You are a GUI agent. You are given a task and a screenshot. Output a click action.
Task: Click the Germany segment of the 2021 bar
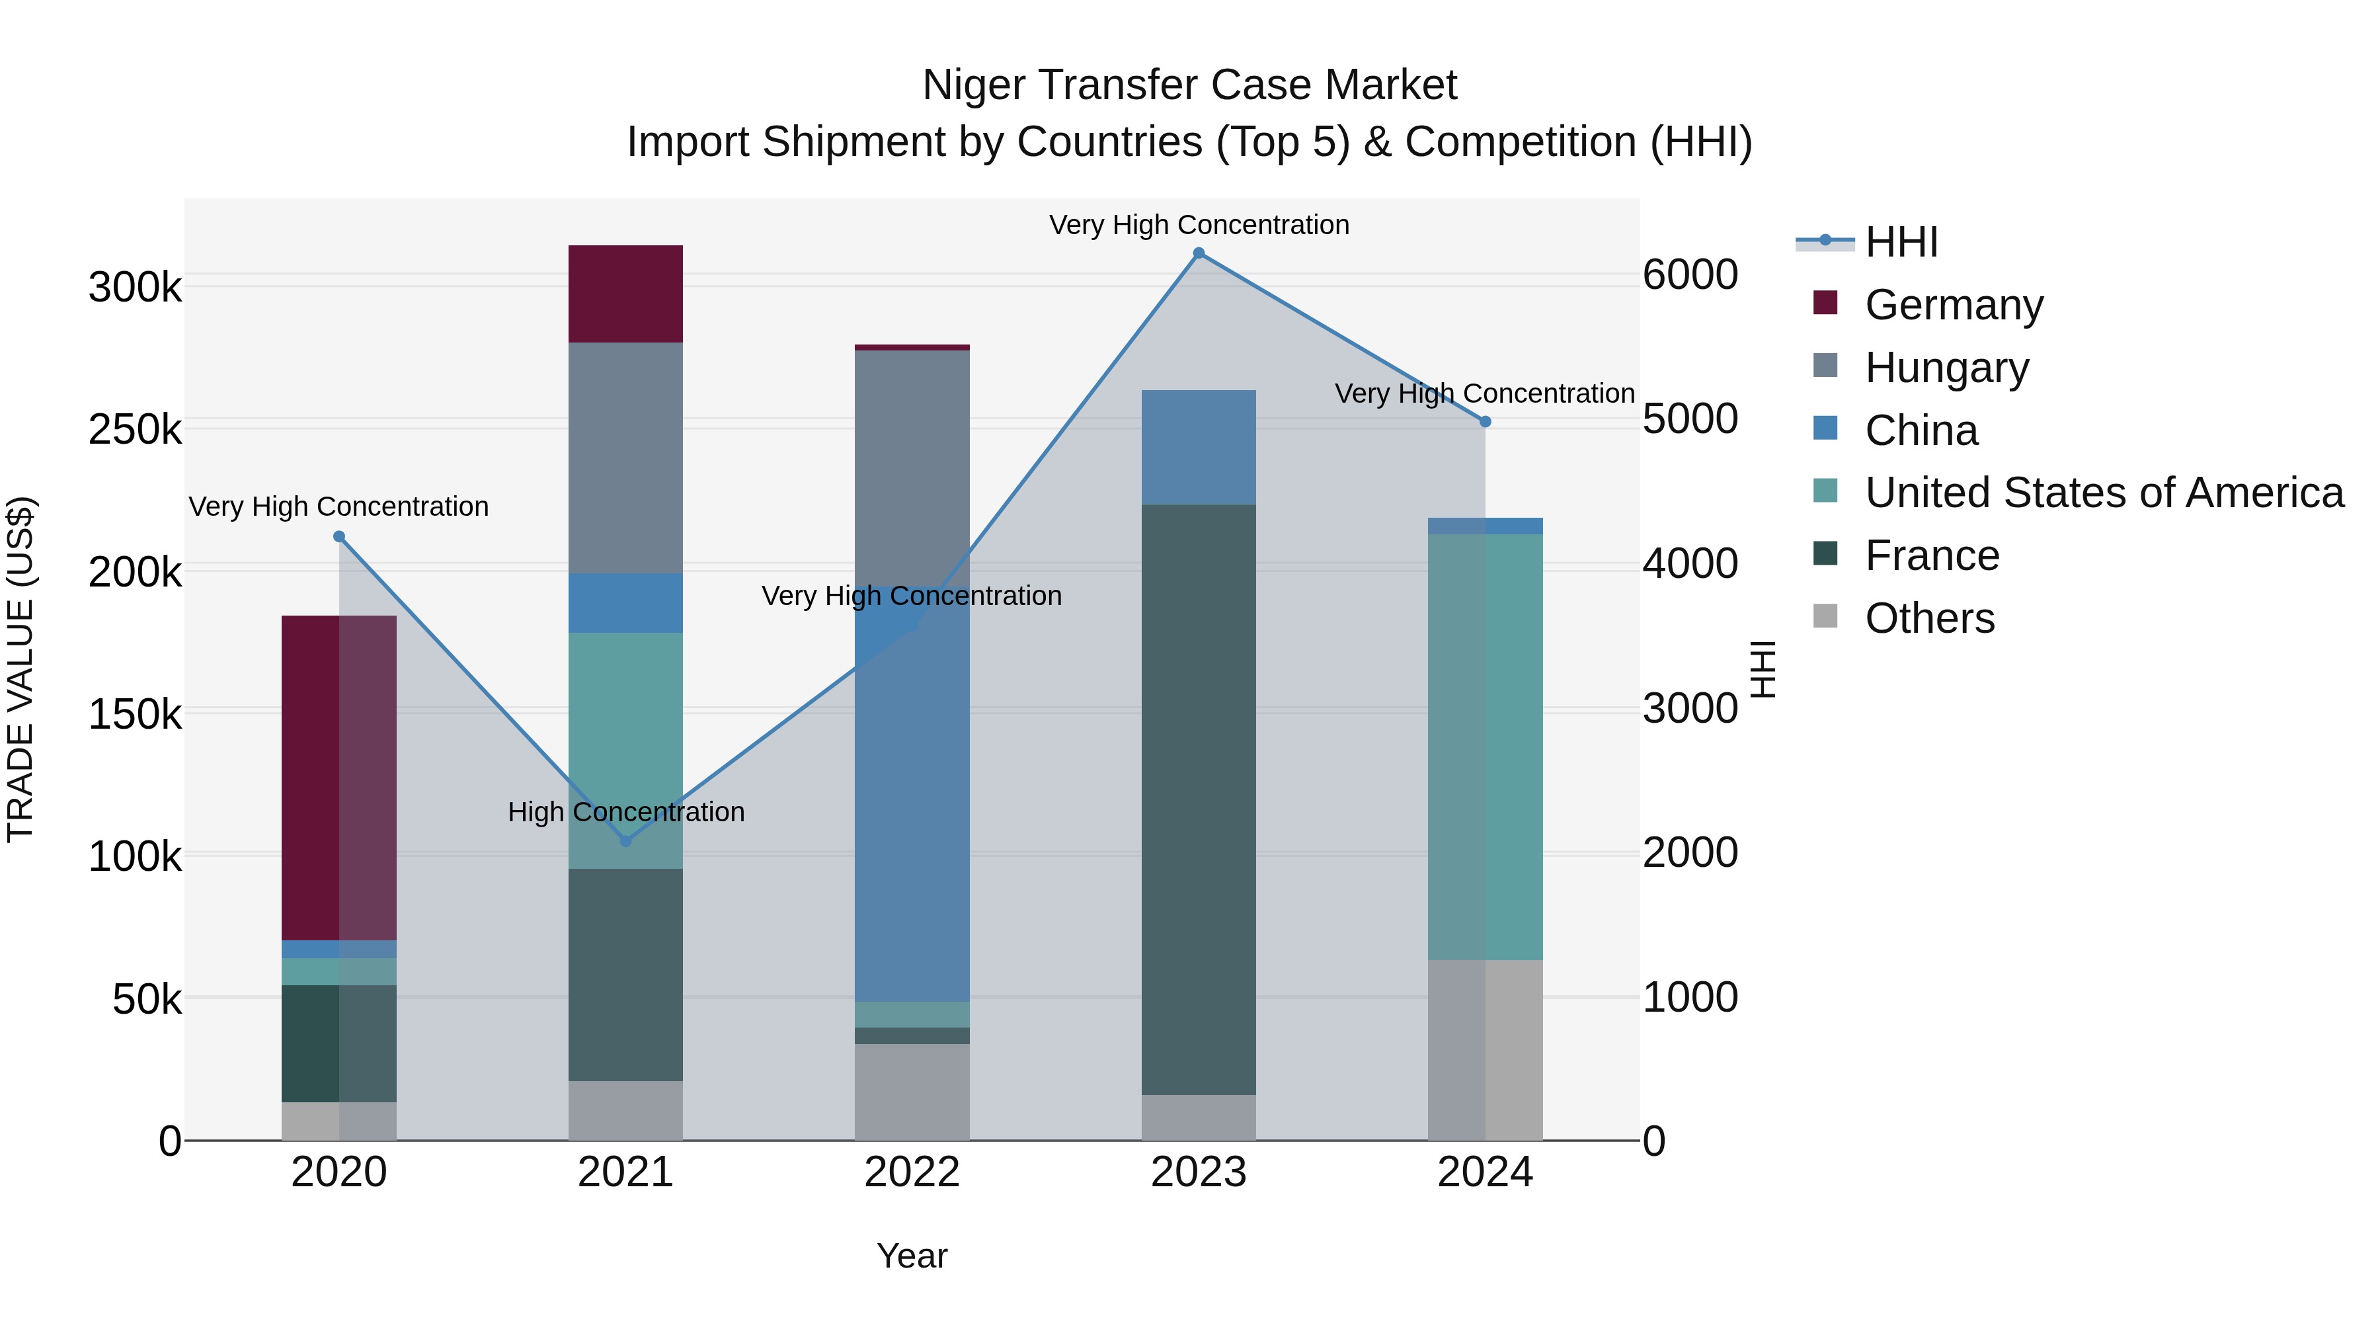[625, 294]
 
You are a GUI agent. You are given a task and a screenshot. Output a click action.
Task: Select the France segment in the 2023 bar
[1199, 799]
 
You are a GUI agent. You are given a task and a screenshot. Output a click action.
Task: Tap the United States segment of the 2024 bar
[1485, 747]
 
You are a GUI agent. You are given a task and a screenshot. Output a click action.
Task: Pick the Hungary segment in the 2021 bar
[625, 458]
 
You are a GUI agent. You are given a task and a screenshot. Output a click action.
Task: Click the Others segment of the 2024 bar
[1485, 1050]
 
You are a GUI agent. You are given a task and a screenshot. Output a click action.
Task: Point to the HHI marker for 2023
[1199, 253]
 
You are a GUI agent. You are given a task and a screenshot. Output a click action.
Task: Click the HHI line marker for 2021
[625, 841]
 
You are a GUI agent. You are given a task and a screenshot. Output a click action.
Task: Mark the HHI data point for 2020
[339, 537]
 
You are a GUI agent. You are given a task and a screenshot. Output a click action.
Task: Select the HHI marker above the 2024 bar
[1485, 421]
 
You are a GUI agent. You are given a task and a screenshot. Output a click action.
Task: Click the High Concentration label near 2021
[625, 812]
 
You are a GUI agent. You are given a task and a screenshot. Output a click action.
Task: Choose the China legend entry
[1921, 430]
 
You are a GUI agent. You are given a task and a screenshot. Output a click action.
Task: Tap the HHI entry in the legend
[1901, 242]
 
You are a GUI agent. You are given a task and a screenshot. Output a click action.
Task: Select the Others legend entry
[1929, 618]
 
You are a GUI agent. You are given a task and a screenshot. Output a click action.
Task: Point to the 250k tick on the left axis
[135, 430]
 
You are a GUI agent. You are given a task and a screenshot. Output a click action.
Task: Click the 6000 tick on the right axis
[1690, 274]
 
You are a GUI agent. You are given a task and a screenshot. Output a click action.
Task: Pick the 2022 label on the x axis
[912, 1172]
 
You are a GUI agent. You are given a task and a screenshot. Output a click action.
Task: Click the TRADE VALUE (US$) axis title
[21, 669]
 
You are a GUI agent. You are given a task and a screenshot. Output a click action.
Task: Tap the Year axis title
[912, 1256]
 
